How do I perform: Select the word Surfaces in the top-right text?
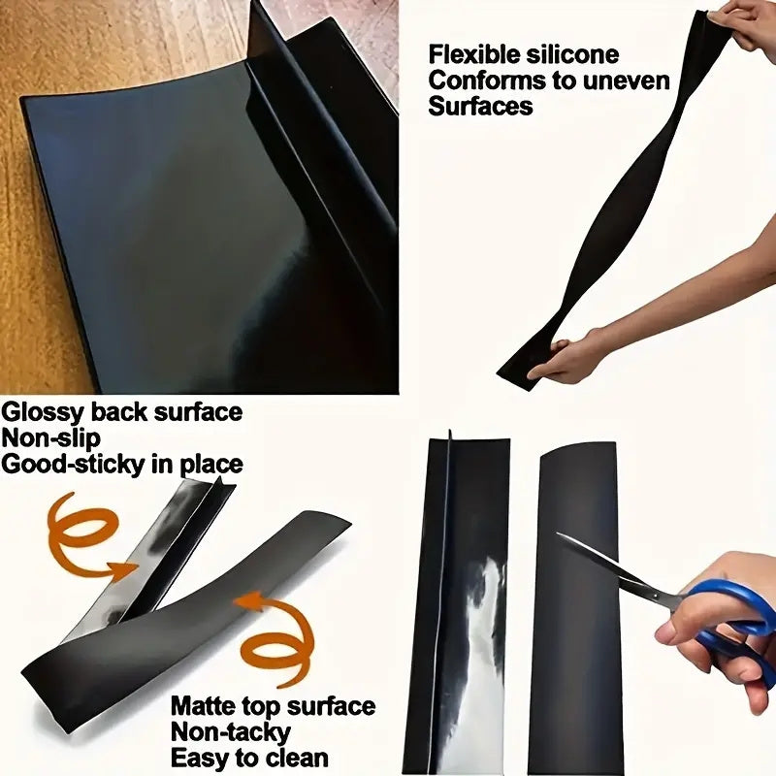pos(480,106)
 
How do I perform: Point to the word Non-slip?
pos(50,438)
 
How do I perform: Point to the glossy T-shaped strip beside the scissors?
pos(456,601)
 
